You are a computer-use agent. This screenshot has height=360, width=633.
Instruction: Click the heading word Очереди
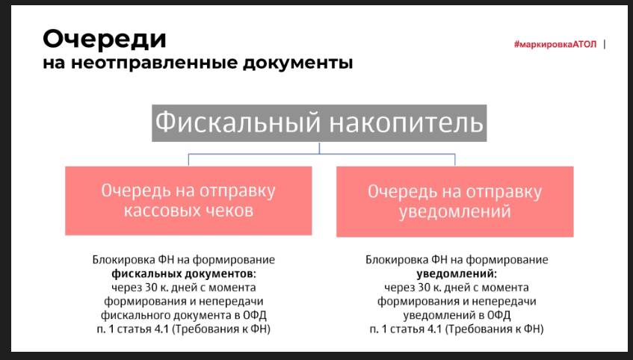click(104, 40)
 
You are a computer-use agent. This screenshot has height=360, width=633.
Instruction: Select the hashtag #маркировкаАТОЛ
click(555, 44)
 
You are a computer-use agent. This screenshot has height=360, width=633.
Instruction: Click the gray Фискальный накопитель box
click(319, 123)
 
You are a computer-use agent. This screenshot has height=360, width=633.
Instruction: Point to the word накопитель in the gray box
click(406, 122)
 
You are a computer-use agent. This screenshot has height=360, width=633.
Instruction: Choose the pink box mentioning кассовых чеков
click(188, 201)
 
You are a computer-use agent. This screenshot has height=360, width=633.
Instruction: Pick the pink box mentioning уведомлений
click(455, 202)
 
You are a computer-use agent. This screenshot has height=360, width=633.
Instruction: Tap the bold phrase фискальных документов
click(184, 274)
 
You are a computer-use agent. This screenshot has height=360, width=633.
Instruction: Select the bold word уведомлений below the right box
click(457, 274)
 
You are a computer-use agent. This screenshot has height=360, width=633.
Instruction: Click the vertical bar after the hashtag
click(605, 44)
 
